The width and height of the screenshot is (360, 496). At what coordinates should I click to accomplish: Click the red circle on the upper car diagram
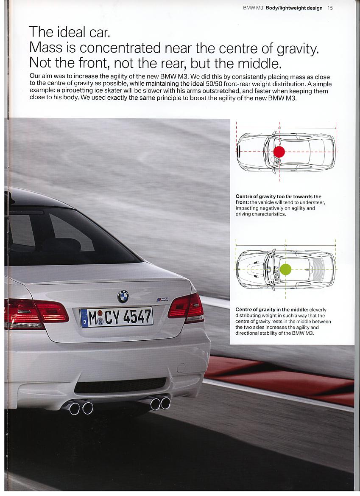pyautogui.click(x=279, y=152)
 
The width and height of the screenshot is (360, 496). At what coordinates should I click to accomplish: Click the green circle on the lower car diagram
pyautogui.click(x=285, y=269)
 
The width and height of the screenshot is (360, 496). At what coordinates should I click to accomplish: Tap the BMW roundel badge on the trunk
pyautogui.click(x=123, y=296)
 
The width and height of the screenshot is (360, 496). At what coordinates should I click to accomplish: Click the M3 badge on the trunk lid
pyautogui.click(x=162, y=300)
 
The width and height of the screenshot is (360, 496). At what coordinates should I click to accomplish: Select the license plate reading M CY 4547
pyautogui.click(x=116, y=317)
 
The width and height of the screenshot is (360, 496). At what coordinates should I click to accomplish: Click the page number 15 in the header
pyautogui.click(x=330, y=8)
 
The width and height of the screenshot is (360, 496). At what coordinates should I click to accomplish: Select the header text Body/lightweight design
pyautogui.click(x=294, y=8)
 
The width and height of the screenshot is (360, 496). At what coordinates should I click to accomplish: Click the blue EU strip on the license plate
pyautogui.click(x=84, y=318)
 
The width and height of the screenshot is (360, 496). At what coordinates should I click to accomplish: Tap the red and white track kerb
pyautogui.click(x=280, y=373)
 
